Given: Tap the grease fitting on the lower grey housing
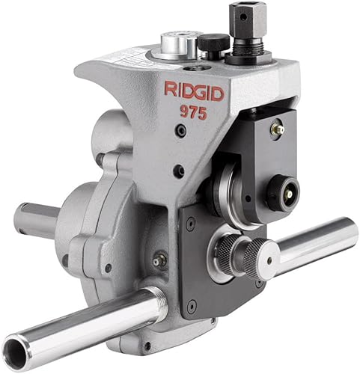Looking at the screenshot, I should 158,261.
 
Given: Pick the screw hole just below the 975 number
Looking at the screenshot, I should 180,130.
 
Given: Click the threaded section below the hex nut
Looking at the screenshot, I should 248,41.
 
